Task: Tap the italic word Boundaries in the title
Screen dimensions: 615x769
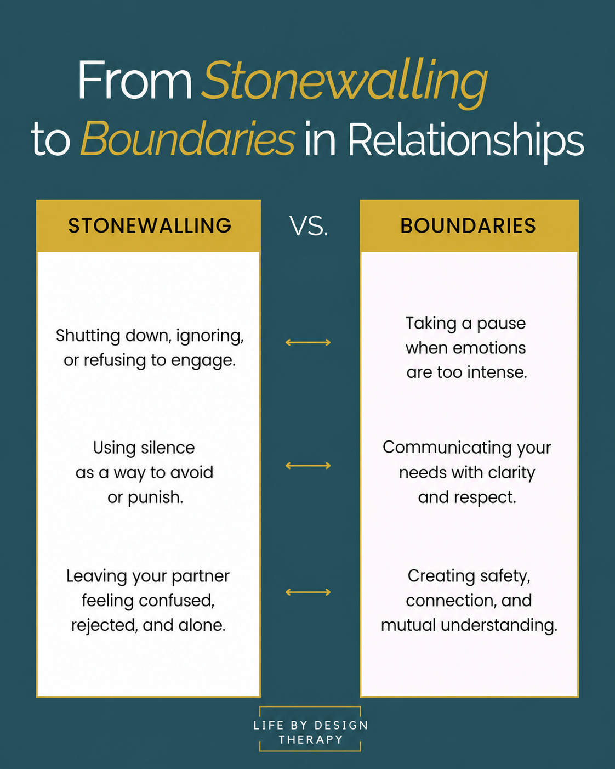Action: pyautogui.click(x=188, y=139)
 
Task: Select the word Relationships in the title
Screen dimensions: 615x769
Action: pyautogui.click(x=466, y=142)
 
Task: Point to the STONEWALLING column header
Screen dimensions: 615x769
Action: pyautogui.click(x=150, y=225)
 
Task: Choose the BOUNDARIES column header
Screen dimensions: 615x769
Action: pyautogui.click(x=468, y=225)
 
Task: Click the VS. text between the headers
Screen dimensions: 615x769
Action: pyautogui.click(x=308, y=226)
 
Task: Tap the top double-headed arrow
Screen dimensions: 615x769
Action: pyautogui.click(x=308, y=342)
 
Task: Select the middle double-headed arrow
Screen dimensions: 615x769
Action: pyautogui.click(x=308, y=465)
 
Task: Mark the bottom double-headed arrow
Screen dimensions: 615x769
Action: pyautogui.click(x=308, y=592)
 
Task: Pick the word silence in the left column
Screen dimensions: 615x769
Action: pyautogui.click(x=168, y=448)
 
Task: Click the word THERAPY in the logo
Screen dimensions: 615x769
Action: pyautogui.click(x=310, y=739)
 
